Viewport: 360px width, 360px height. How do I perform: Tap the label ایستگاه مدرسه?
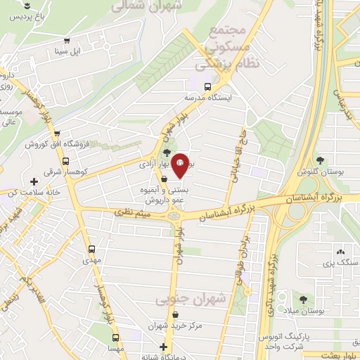208,98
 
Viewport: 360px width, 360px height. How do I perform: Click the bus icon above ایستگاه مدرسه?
206,87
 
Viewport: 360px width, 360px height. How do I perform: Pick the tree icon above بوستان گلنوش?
321,160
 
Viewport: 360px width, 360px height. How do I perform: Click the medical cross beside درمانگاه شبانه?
165,347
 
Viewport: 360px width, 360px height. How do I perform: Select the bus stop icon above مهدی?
93,248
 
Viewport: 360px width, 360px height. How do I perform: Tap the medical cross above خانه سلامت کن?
34,182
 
